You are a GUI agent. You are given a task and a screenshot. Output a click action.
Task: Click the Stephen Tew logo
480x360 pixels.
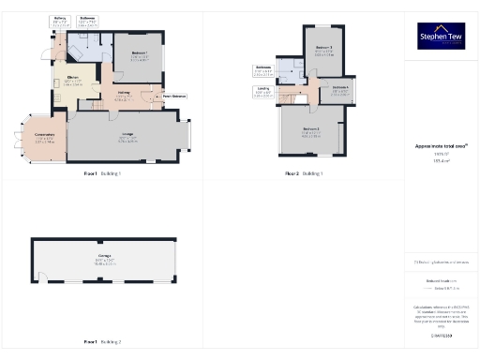point(439,36)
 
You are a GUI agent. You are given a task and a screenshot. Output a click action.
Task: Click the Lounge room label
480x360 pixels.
point(127,138)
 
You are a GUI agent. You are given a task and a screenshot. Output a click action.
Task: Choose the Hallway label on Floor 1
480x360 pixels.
point(124,94)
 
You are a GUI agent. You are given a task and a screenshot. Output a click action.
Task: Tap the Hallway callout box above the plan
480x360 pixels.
point(60,21)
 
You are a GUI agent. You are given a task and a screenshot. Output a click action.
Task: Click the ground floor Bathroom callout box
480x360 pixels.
point(88,21)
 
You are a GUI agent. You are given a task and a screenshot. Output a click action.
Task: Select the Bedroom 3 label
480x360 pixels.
point(323,50)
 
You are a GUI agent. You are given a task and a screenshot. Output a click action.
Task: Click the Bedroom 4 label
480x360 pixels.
point(340,89)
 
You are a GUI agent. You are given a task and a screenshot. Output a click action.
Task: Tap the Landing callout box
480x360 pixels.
point(262,92)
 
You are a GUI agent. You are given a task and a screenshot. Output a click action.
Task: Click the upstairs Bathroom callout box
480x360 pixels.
point(263,70)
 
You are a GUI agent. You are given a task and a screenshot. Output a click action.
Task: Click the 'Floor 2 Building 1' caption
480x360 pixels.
point(305,174)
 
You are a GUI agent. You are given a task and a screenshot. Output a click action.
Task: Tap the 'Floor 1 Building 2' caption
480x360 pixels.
point(102,342)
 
